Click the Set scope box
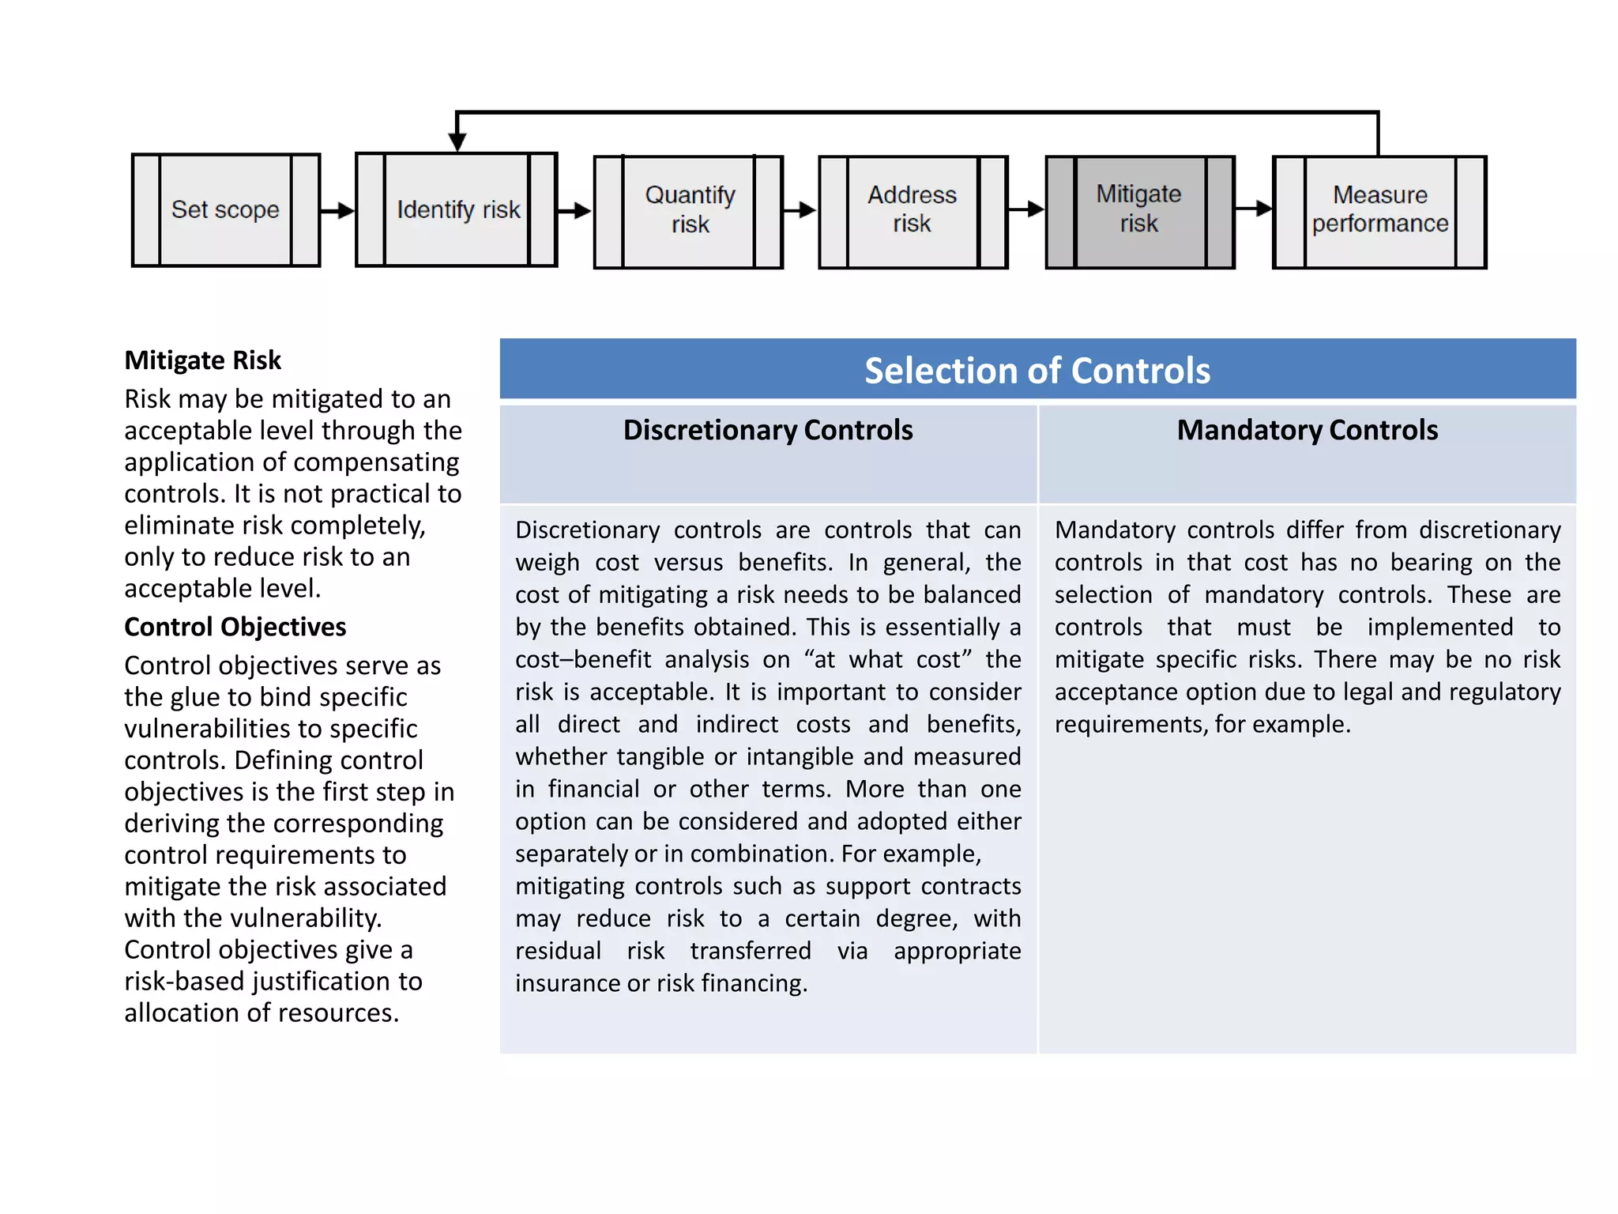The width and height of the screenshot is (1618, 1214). tap(225, 210)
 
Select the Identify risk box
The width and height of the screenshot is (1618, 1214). tap(457, 210)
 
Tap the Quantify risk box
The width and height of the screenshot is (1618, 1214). tap(689, 210)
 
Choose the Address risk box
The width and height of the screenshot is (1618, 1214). tap(912, 210)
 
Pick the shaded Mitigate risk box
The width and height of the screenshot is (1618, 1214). tap(1139, 210)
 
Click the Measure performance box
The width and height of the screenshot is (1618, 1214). tap(1379, 210)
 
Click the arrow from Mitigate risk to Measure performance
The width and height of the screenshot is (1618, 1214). tap(1254, 209)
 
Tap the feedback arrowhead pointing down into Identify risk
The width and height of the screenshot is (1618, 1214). tap(457, 141)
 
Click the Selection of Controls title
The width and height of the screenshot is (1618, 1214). tap(1037, 371)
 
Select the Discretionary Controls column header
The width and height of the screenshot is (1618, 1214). tap(767, 430)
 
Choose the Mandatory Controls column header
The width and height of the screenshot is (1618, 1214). tap(1307, 430)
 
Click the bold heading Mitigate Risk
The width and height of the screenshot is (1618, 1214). tap(202, 360)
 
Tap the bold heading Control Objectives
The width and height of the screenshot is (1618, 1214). tap(235, 627)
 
